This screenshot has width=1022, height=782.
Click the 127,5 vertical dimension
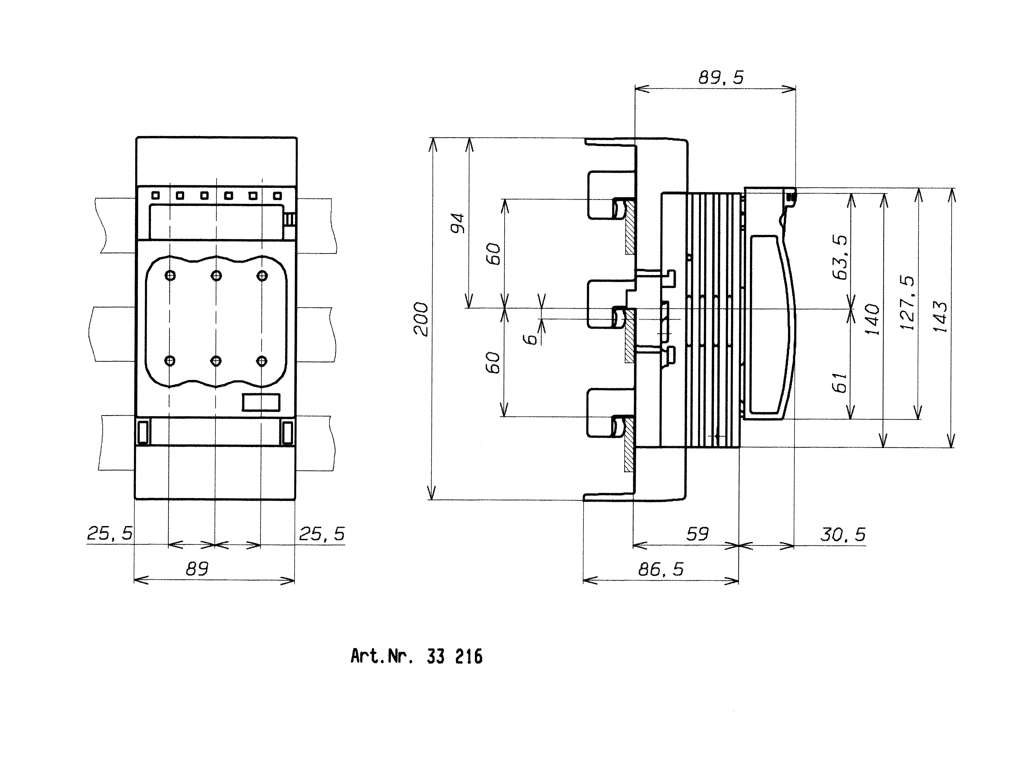coord(907,303)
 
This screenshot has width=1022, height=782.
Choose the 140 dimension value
coord(872,319)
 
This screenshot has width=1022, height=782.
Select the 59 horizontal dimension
coord(697,534)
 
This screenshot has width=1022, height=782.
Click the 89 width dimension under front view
coord(197,569)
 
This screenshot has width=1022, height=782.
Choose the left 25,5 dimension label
coord(110,533)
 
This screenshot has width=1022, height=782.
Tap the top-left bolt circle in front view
coord(170,276)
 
